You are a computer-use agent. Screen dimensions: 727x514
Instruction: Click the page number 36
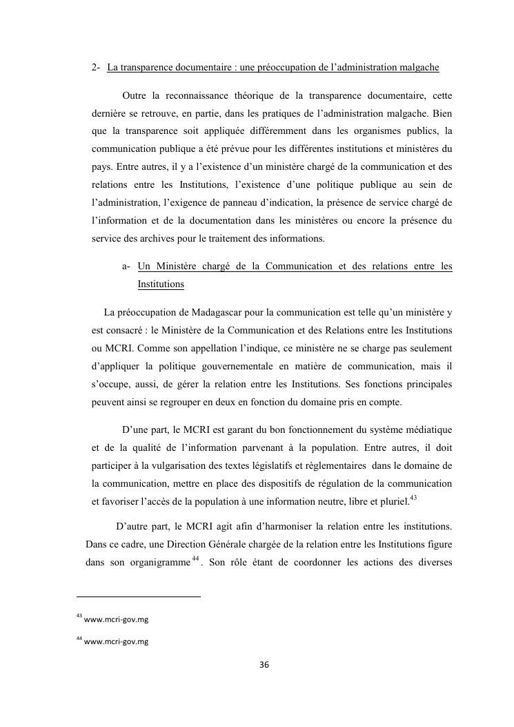tap(263, 665)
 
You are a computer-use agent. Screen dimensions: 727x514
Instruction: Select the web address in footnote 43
tap(116, 619)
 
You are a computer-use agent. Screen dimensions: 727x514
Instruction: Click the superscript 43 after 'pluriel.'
tap(413, 498)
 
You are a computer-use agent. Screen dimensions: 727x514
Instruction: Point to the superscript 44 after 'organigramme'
tap(196, 558)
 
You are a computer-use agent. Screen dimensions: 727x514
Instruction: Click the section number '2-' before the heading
tap(96, 68)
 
